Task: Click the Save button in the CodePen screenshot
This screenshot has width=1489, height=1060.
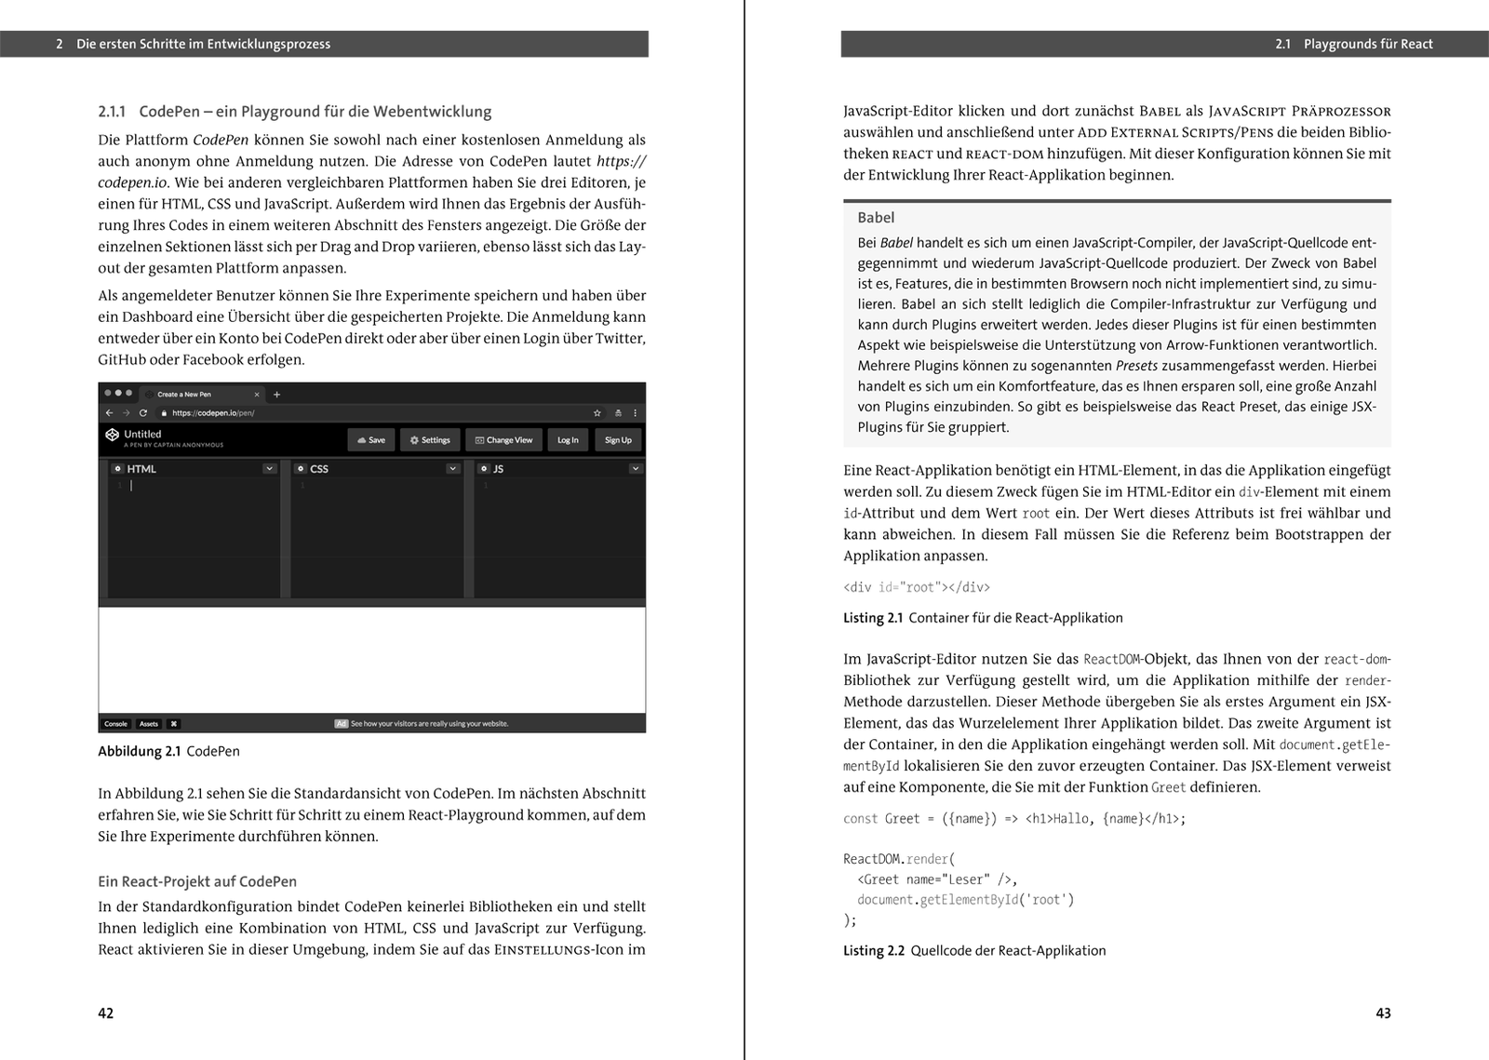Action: pyautogui.click(x=370, y=440)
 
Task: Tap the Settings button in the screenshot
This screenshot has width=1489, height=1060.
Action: pyautogui.click(x=430, y=440)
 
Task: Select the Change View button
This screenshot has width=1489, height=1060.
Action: pyautogui.click(x=503, y=440)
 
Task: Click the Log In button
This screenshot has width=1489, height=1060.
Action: pyautogui.click(x=568, y=440)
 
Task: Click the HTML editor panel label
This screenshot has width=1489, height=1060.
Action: pyautogui.click(x=141, y=469)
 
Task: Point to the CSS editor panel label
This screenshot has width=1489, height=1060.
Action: pyautogui.click(x=319, y=469)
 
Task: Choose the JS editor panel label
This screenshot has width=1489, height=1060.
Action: pyautogui.click(x=498, y=469)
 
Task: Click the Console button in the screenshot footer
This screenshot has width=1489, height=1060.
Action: pyautogui.click(x=115, y=724)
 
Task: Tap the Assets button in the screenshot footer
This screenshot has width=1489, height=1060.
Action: pyautogui.click(x=149, y=724)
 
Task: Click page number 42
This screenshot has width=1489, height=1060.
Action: pyautogui.click(x=106, y=1013)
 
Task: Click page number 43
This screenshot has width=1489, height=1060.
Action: pyautogui.click(x=1383, y=1013)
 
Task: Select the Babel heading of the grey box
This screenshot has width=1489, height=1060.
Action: pyautogui.click(x=876, y=218)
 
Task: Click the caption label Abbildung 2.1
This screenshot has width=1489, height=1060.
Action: pyautogui.click(x=140, y=751)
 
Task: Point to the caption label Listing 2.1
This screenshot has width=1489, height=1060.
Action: pyautogui.click(x=873, y=618)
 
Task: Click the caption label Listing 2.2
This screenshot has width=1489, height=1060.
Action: pyautogui.click(x=874, y=950)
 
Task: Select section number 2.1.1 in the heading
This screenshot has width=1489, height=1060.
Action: pyautogui.click(x=112, y=112)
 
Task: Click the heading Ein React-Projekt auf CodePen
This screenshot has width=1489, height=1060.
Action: pyautogui.click(x=197, y=881)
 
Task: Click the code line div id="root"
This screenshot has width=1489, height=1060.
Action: pyautogui.click(x=917, y=587)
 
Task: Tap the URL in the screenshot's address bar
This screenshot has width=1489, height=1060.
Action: pyautogui.click(x=213, y=413)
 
